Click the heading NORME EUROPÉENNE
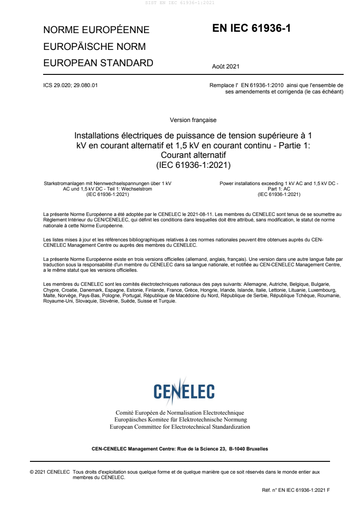[x=96, y=30]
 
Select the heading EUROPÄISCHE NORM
[x=94, y=47]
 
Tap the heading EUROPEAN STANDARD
[x=98, y=63]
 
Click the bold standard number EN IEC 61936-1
[x=251, y=29]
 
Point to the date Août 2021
[x=226, y=67]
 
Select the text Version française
[x=193, y=120]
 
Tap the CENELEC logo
[x=180, y=390]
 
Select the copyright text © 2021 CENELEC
[x=49, y=472]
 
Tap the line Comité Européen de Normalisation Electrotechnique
[x=180, y=413]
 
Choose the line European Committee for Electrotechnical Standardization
[x=180, y=427]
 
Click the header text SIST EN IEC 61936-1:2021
[x=180, y=3]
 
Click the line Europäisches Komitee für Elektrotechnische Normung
[x=180, y=420]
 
